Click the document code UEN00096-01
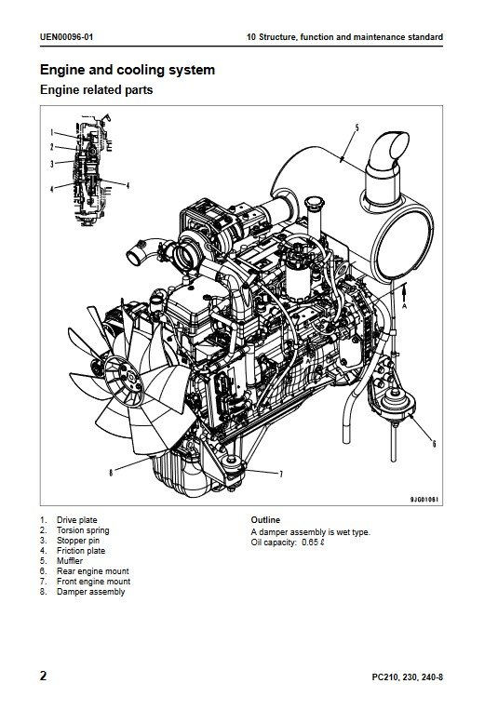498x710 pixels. [66, 37]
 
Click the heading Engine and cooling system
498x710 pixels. [128, 70]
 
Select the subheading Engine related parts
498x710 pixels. [96, 89]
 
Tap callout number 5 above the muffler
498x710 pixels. [357, 127]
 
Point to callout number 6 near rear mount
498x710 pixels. [434, 443]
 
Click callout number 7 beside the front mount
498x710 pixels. [281, 474]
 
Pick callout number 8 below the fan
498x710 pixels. [111, 473]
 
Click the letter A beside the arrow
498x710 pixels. [405, 306]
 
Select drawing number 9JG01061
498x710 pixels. [424, 500]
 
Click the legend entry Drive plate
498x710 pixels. [76, 520]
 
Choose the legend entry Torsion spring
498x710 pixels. [83, 530]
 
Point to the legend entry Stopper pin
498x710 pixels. [78, 541]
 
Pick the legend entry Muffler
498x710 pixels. [70, 560]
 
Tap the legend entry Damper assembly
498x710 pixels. [90, 592]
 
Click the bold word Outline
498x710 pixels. [265, 520]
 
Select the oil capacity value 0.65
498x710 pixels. [309, 543]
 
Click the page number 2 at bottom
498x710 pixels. [43, 677]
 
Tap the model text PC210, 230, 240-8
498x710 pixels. [408, 677]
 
